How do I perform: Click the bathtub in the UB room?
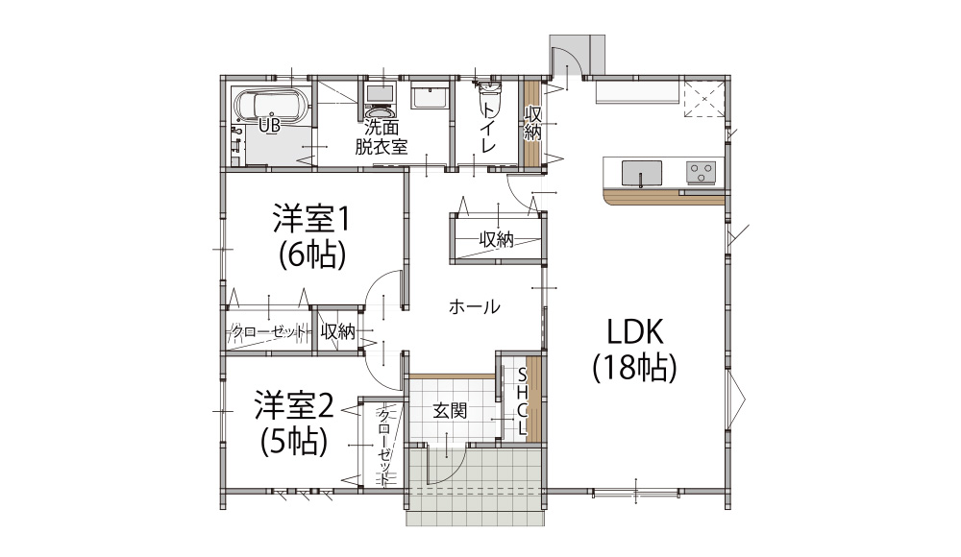(272, 106)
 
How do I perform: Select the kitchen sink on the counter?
(641, 173)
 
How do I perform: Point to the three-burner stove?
(701, 172)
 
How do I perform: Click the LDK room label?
(635, 331)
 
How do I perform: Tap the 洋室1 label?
(311, 219)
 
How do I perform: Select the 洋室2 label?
(294, 405)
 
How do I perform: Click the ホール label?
(474, 306)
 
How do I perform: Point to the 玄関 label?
(451, 411)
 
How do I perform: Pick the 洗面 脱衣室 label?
(382, 136)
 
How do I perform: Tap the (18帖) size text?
(635, 368)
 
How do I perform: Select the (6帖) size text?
(312, 254)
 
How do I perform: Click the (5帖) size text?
(293, 441)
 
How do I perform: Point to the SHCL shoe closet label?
(522, 401)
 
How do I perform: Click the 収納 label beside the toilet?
(532, 123)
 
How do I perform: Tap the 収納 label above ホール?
(497, 239)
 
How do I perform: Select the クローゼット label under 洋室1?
(269, 332)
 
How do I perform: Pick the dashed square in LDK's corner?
(704, 98)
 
